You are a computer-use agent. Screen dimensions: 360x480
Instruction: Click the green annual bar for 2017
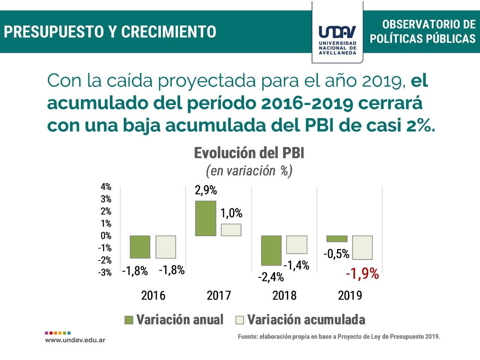(205, 218)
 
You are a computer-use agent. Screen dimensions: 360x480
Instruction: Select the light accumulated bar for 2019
(362, 247)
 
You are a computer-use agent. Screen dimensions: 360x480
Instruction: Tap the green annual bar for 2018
(271, 250)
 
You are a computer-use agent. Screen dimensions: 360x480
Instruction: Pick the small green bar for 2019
(337, 239)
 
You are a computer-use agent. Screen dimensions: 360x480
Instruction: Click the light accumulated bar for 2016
(166, 247)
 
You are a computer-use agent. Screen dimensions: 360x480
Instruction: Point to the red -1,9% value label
(362, 274)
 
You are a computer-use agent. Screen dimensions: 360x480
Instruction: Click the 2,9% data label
(205, 190)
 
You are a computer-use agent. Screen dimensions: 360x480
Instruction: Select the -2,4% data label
(271, 277)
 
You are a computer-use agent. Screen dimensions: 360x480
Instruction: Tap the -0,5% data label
(336, 254)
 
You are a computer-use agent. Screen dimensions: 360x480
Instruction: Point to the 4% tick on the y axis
(106, 187)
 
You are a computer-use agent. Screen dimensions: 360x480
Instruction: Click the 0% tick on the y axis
(106, 236)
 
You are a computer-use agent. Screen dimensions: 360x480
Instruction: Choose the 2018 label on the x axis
(284, 295)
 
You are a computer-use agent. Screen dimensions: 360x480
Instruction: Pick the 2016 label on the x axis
(153, 295)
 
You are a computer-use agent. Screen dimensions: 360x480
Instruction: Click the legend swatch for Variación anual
(129, 320)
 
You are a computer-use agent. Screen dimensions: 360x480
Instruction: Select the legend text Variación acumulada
(306, 319)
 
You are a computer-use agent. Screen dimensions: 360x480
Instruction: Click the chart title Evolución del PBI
(249, 153)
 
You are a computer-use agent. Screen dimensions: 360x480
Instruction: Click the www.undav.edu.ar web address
(75, 340)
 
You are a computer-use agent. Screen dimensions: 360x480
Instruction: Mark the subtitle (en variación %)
(249, 171)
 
